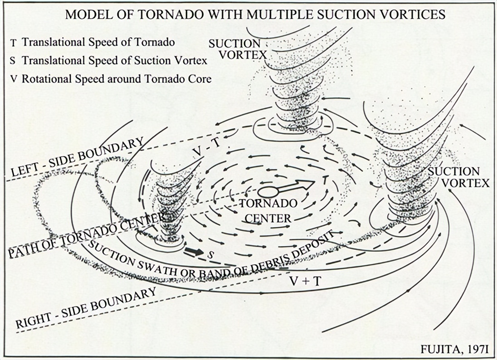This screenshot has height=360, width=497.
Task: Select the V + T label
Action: (x=306, y=281)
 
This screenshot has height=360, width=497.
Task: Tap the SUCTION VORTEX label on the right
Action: (x=458, y=177)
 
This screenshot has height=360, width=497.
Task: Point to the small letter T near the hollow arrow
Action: (x=325, y=180)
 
